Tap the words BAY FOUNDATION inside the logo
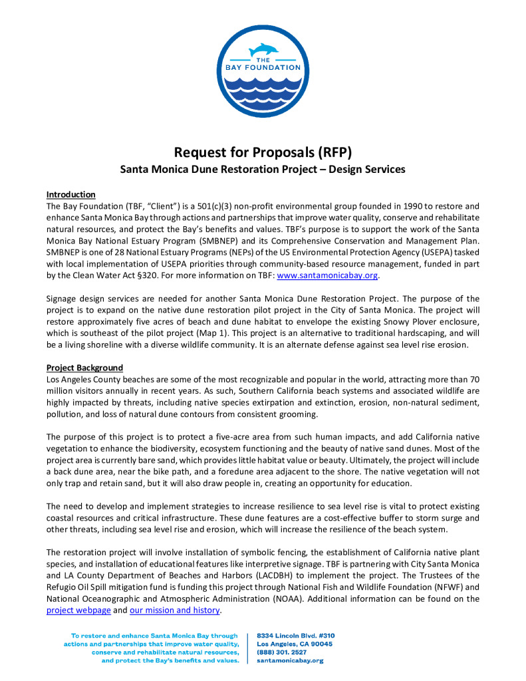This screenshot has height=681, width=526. pyautogui.click(x=263, y=67)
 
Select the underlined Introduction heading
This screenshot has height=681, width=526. pyautogui.click(x=70, y=194)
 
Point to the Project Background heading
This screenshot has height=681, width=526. pyautogui.click(x=84, y=368)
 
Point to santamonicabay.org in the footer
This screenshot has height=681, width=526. pyautogui.click(x=290, y=661)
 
